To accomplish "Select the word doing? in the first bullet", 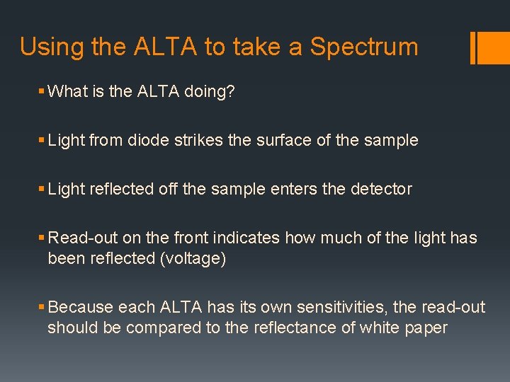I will pyautogui.click(x=201, y=92).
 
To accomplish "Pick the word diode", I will pyautogui.click(x=147, y=140).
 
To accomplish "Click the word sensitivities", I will pyautogui.click(x=332, y=307).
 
